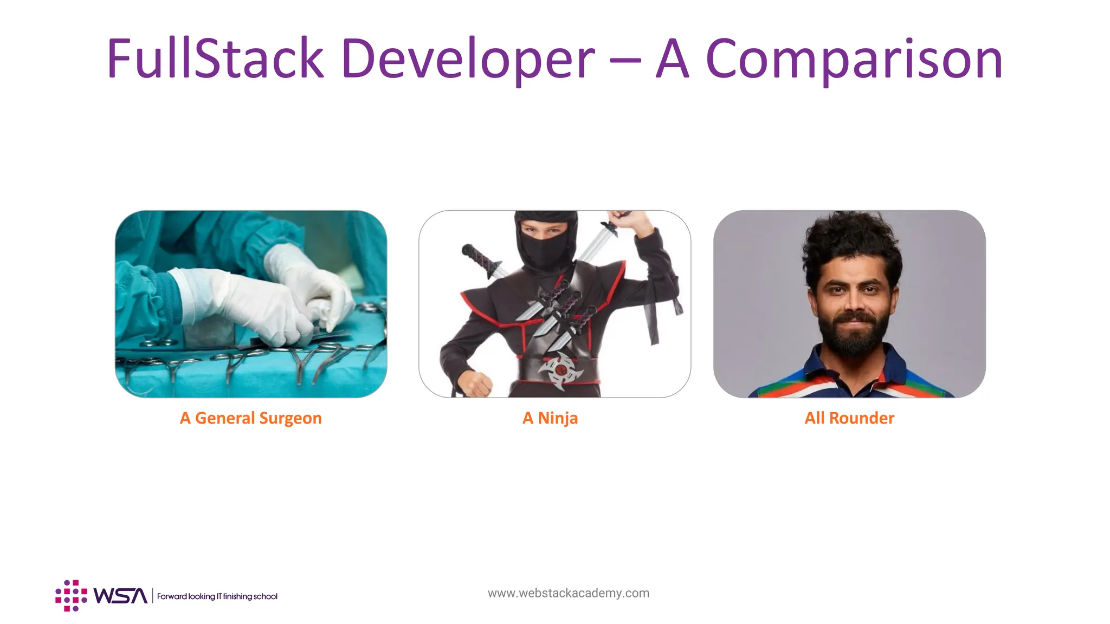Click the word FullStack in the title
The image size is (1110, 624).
[215, 58]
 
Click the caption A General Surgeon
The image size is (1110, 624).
[250, 418]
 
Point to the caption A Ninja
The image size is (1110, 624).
[550, 418]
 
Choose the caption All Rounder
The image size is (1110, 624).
[849, 418]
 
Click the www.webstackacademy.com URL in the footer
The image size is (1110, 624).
[568, 593]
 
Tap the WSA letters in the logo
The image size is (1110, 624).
[120, 596]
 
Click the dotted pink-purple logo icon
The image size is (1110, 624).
[71, 596]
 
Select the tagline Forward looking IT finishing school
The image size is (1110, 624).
[217, 596]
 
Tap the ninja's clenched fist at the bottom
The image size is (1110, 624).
[475, 383]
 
